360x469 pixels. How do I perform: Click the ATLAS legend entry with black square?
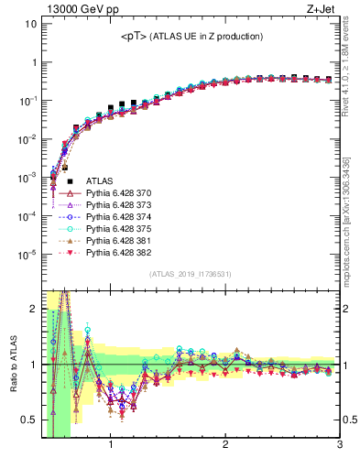pos(99,181)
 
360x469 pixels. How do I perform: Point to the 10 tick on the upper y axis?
pos(30,24)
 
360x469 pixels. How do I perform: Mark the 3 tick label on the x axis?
pos(339,446)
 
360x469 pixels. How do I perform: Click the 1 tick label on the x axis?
pos(111,446)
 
